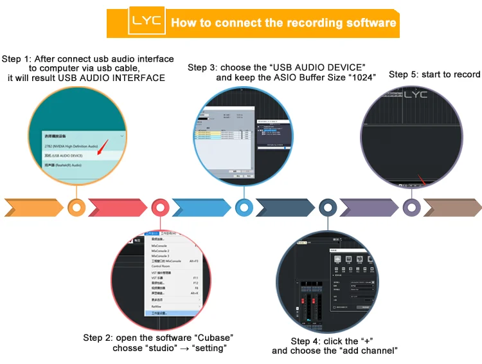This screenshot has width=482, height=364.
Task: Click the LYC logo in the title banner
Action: click(148, 23)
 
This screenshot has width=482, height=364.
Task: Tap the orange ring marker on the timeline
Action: click(77, 208)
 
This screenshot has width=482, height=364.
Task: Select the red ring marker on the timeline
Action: click(160, 208)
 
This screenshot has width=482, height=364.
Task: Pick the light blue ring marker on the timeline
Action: click(244, 208)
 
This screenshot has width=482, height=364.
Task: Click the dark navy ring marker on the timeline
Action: click(328, 208)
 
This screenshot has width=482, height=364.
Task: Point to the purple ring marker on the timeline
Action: click(412, 208)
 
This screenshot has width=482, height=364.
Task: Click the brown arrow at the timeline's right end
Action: click(451, 208)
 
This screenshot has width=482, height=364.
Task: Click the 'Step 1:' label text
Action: click(17, 59)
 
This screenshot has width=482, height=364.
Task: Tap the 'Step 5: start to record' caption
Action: click(434, 75)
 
